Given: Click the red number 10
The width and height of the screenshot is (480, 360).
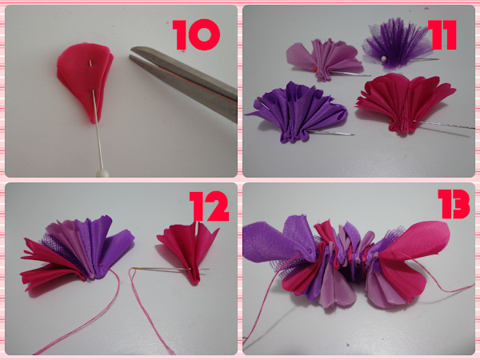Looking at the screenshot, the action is click(196, 34).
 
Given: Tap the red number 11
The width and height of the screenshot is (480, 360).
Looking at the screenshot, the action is click(442, 34).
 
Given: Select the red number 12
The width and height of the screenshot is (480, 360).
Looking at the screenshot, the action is click(209, 206).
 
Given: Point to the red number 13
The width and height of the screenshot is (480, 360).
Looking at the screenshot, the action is click(454, 204).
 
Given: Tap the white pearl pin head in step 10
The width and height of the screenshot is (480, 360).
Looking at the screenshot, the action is click(102, 174).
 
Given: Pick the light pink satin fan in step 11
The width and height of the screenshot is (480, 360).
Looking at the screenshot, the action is click(325, 59).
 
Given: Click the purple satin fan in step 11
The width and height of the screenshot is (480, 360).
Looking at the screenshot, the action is click(296, 112).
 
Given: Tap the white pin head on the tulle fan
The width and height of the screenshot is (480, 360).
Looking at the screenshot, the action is click(382, 58).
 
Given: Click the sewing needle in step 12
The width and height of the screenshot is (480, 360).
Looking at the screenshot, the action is click(170, 269).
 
